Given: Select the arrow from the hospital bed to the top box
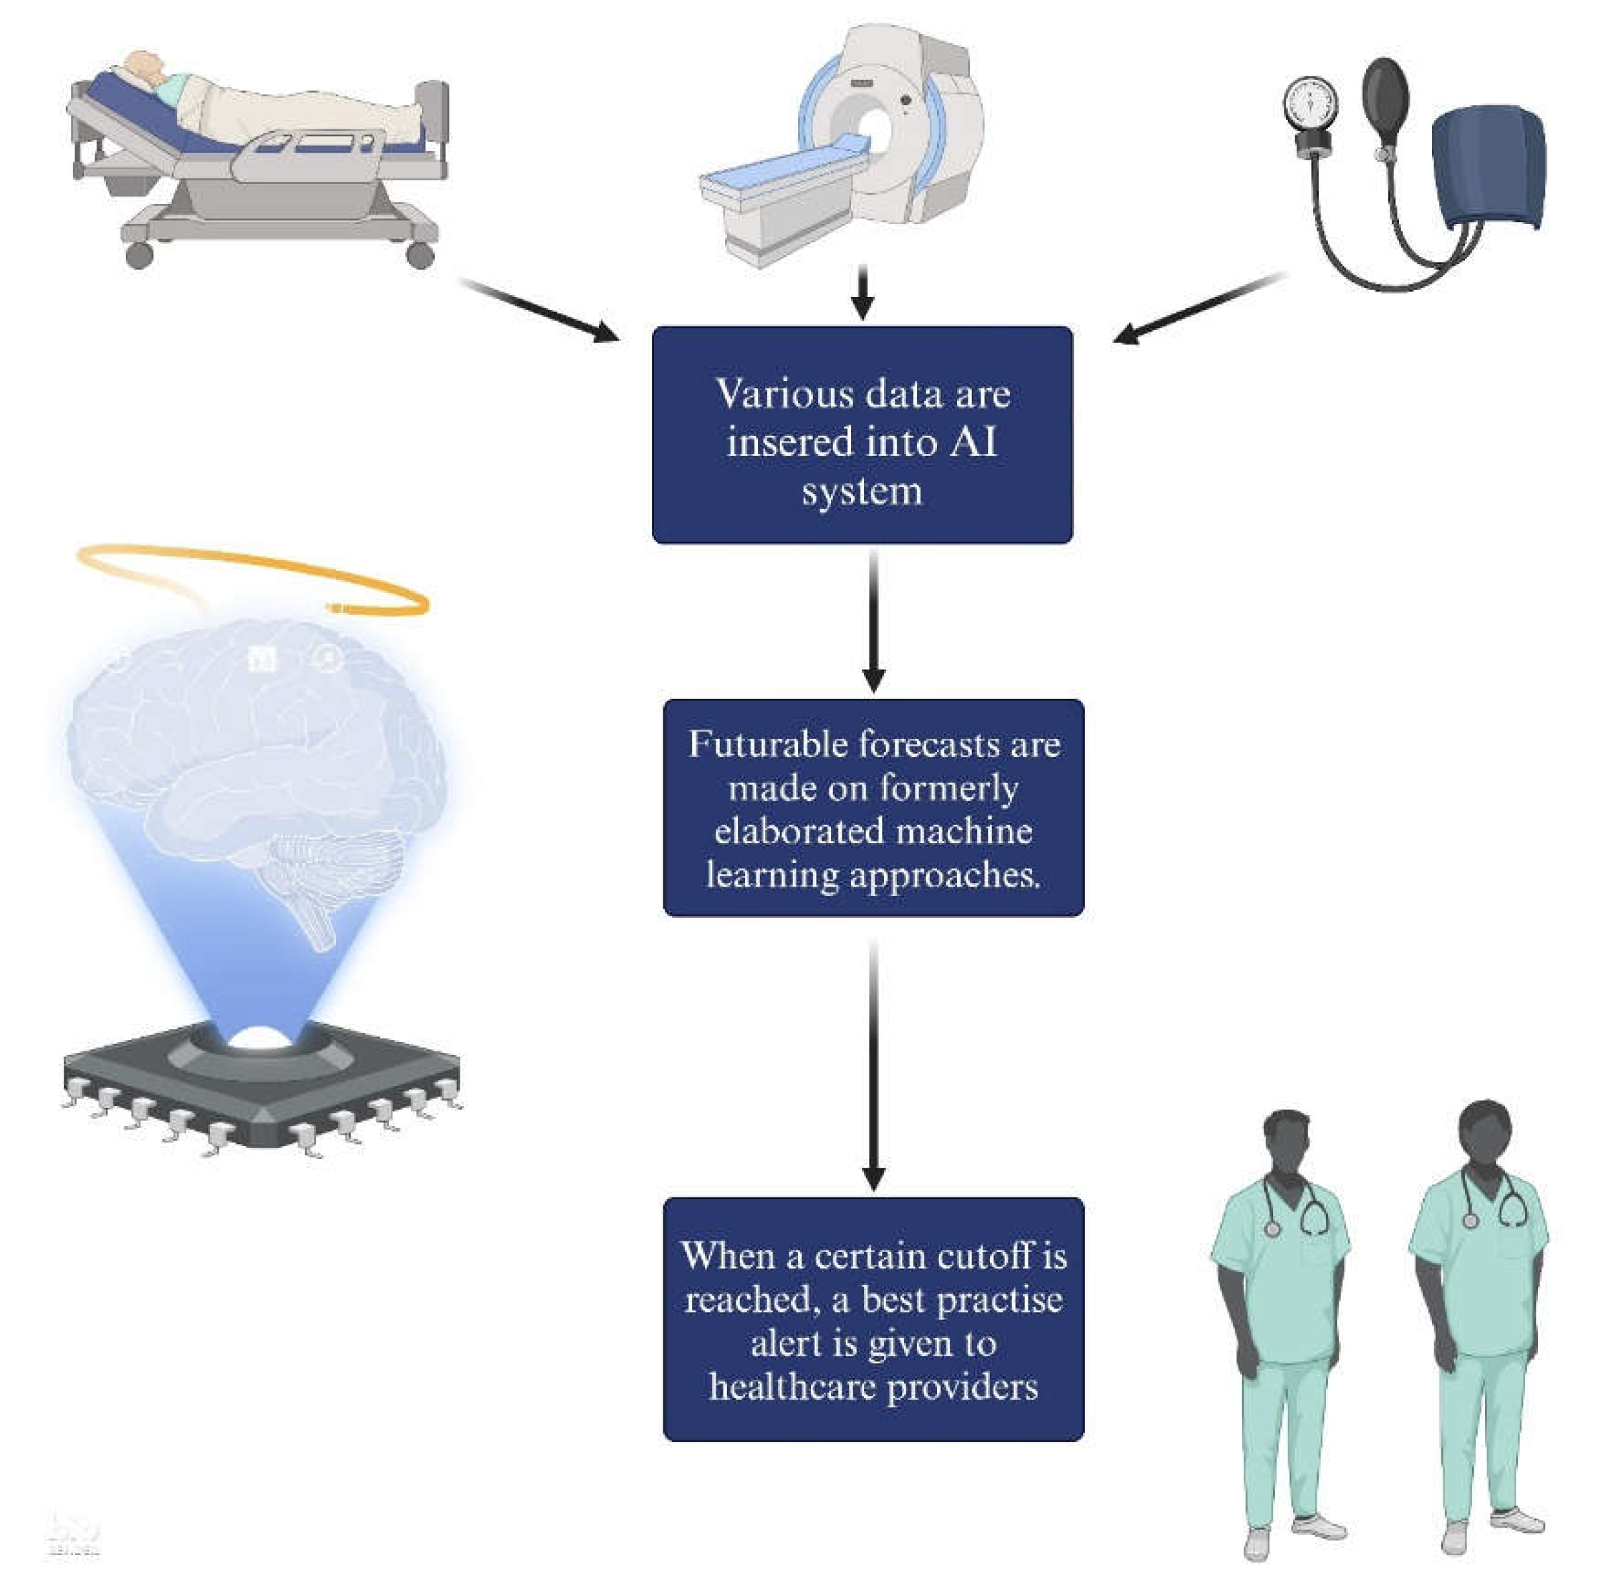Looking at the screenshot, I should point(539,309).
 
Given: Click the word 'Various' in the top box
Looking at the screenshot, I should point(772,394).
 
